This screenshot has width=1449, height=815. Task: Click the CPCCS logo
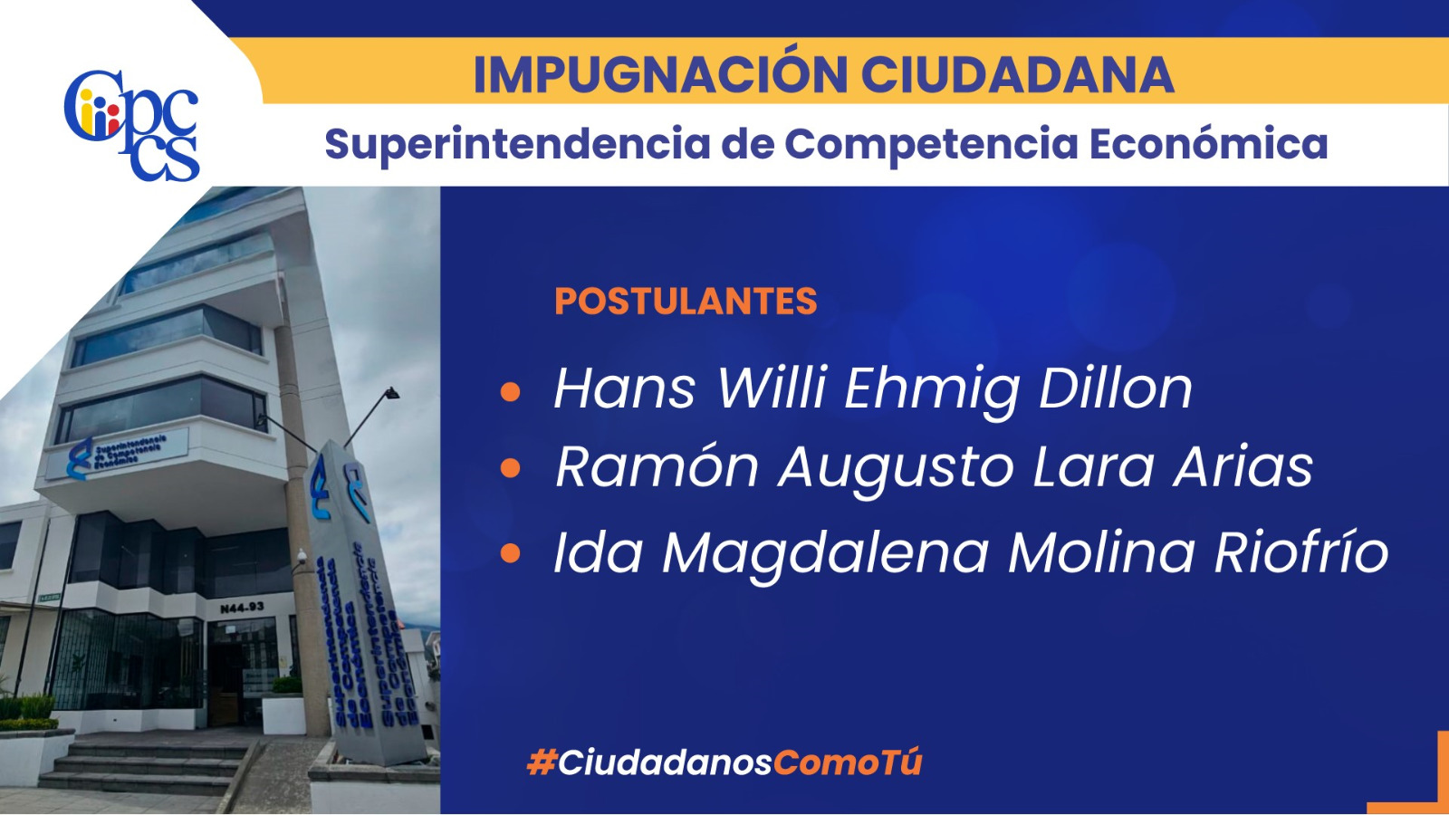pos(132,125)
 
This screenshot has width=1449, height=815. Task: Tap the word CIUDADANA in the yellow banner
pos(1017,75)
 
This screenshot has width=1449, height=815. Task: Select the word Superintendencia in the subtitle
pos(517,144)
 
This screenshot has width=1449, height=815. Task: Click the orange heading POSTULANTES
pos(686,301)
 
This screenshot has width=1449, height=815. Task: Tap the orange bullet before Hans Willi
pos(511,392)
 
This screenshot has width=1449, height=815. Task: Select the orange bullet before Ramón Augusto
pos(511,467)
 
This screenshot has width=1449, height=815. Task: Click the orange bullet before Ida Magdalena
pos(511,553)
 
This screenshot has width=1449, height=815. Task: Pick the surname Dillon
pos(1115,388)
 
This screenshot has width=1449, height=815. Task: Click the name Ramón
pos(657,465)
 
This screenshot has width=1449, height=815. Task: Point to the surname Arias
pos(1243,465)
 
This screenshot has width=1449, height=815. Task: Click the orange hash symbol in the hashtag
pos(542,762)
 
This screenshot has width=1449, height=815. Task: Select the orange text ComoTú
pos(848,762)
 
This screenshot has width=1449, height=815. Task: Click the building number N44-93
pos(242,608)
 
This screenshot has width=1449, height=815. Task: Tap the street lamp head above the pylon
pos(391,393)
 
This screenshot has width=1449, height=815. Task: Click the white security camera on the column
pos(302,556)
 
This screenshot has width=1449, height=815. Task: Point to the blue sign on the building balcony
pos(118,454)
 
